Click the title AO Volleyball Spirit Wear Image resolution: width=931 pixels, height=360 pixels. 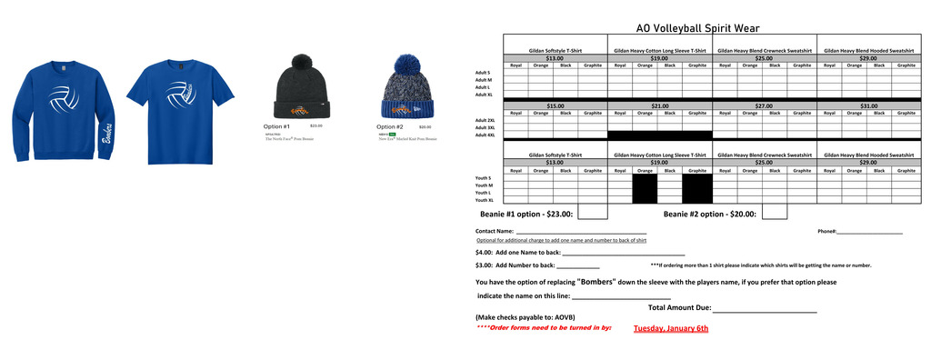pyautogui.click(x=697, y=28)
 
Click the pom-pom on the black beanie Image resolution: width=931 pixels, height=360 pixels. pyautogui.click(x=301, y=64)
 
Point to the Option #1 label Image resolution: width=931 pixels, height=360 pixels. pyautogui.click(x=276, y=126)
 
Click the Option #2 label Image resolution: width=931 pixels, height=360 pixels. pyautogui.click(x=390, y=126)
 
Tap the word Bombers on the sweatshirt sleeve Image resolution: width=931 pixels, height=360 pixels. pyautogui.click(x=106, y=134)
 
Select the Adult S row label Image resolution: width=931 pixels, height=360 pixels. pyautogui.click(x=483, y=73)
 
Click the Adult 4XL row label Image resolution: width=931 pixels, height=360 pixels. pyautogui.click(x=484, y=135)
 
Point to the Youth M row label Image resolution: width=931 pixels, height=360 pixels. pyautogui.click(x=484, y=185)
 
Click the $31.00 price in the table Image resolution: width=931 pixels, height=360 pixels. pyautogui.click(x=868, y=105)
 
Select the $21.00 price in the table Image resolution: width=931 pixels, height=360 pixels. pyautogui.click(x=659, y=105)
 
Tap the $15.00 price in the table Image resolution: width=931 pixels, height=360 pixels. pyautogui.click(x=555, y=105)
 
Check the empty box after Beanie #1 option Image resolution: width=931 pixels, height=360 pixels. pyautogui.click(x=592, y=212)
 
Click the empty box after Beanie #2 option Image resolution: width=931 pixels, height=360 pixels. pyautogui.click(x=774, y=212)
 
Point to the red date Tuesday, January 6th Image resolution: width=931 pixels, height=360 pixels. pyautogui.click(x=670, y=328)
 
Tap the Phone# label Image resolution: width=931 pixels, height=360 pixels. pyautogui.click(x=826, y=232)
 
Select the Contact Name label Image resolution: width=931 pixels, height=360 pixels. pyautogui.click(x=495, y=232)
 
